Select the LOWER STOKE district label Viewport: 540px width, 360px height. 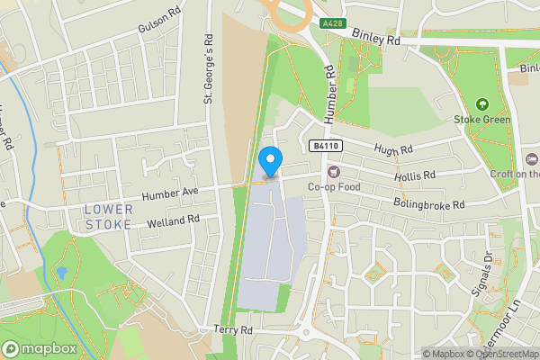(108, 216)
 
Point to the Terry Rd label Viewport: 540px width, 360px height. (233, 331)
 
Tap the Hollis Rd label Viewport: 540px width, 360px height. (415, 175)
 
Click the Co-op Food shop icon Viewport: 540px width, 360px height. (335, 171)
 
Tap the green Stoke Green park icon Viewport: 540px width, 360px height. (482, 105)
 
